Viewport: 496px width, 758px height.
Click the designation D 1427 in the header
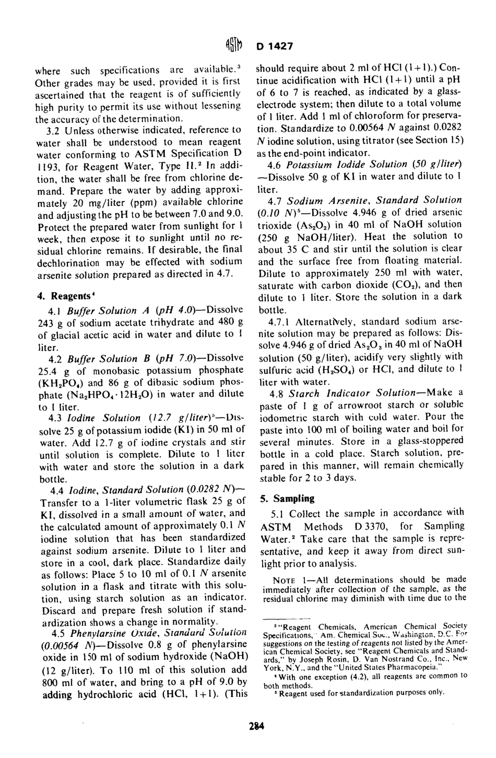[275, 46]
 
